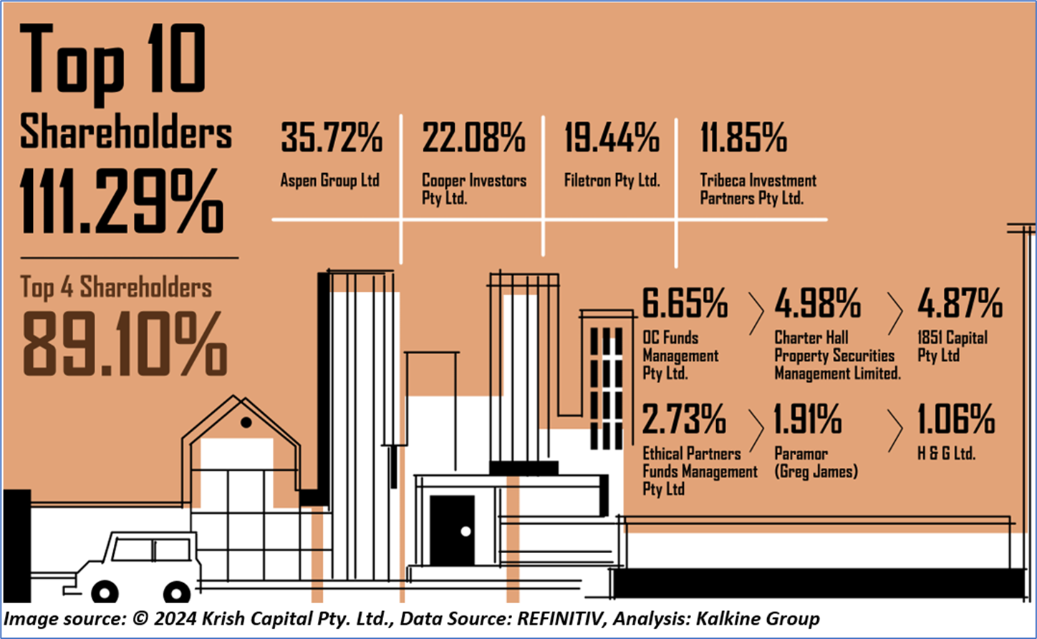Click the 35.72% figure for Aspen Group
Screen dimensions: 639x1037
click(331, 138)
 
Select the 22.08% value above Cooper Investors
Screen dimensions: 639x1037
click(473, 138)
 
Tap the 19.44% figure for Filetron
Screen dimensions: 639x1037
click(612, 138)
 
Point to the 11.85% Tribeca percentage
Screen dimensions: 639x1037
click(743, 138)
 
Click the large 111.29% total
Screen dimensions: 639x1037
click(122, 203)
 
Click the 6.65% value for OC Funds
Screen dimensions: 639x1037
click(685, 304)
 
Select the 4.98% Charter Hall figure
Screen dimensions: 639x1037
click(817, 304)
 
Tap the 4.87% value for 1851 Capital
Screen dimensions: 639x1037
click(960, 304)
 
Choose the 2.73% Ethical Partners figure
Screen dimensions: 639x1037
click(684, 419)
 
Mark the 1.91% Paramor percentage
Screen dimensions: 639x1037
click(808, 419)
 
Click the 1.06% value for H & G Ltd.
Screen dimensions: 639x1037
click(956, 419)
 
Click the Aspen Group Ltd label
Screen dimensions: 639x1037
click(329, 180)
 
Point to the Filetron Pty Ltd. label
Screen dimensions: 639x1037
click(612, 180)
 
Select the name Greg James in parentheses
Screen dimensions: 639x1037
click(816, 472)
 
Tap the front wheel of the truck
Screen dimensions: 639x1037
click(105, 592)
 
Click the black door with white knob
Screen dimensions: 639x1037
click(452, 530)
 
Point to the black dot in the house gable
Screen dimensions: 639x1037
click(246, 423)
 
